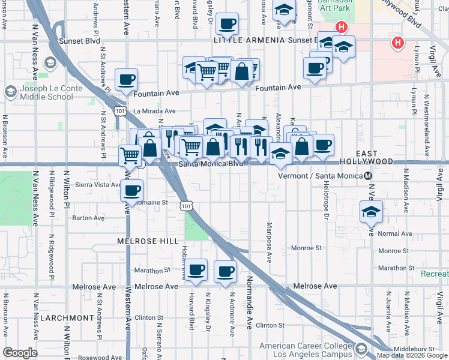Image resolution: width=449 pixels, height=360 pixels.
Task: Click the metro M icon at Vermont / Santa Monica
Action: tap(369, 175)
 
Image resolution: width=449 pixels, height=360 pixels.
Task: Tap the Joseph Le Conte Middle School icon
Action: tap(10, 92)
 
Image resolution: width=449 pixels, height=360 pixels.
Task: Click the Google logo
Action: tap(20, 353)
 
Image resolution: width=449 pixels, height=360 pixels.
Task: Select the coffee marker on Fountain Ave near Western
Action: tap(126, 80)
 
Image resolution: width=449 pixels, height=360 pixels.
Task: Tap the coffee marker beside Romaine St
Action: tap(131, 191)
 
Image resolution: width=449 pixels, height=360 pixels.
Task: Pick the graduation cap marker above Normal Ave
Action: tap(372, 212)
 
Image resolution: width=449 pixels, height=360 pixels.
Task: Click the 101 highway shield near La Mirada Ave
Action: tap(121, 110)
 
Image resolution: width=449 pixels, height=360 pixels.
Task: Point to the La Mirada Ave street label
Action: tap(154, 111)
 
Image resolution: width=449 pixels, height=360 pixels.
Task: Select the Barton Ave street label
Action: tap(89, 218)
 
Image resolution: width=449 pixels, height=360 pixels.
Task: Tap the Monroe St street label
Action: tap(307, 248)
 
